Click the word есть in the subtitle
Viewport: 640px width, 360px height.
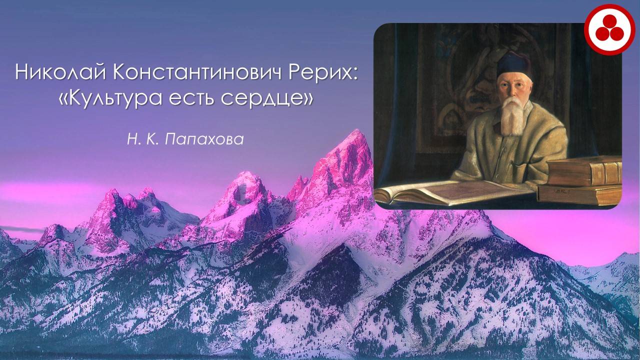click(191, 98)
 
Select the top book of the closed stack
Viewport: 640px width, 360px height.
click(584, 170)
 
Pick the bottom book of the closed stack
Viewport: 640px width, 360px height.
click(580, 194)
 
